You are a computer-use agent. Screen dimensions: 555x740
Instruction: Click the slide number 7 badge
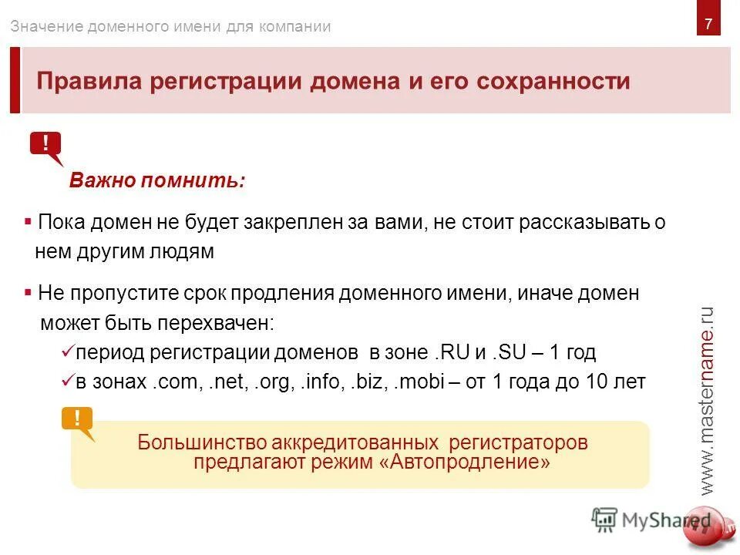click(708, 24)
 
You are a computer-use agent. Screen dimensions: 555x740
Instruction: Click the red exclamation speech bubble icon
click(46, 145)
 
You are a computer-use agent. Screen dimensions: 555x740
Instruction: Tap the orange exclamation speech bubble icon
click(77, 420)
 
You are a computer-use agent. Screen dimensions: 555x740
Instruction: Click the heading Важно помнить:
click(157, 181)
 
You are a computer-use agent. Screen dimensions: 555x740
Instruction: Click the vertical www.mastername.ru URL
click(708, 401)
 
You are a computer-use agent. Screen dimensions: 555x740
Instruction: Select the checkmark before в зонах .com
click(66, 382)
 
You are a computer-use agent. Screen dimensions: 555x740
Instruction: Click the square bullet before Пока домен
click(28, 222)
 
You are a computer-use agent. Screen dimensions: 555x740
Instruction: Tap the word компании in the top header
click(296, 27)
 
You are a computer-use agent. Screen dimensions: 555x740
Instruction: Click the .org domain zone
click(274, 382)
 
